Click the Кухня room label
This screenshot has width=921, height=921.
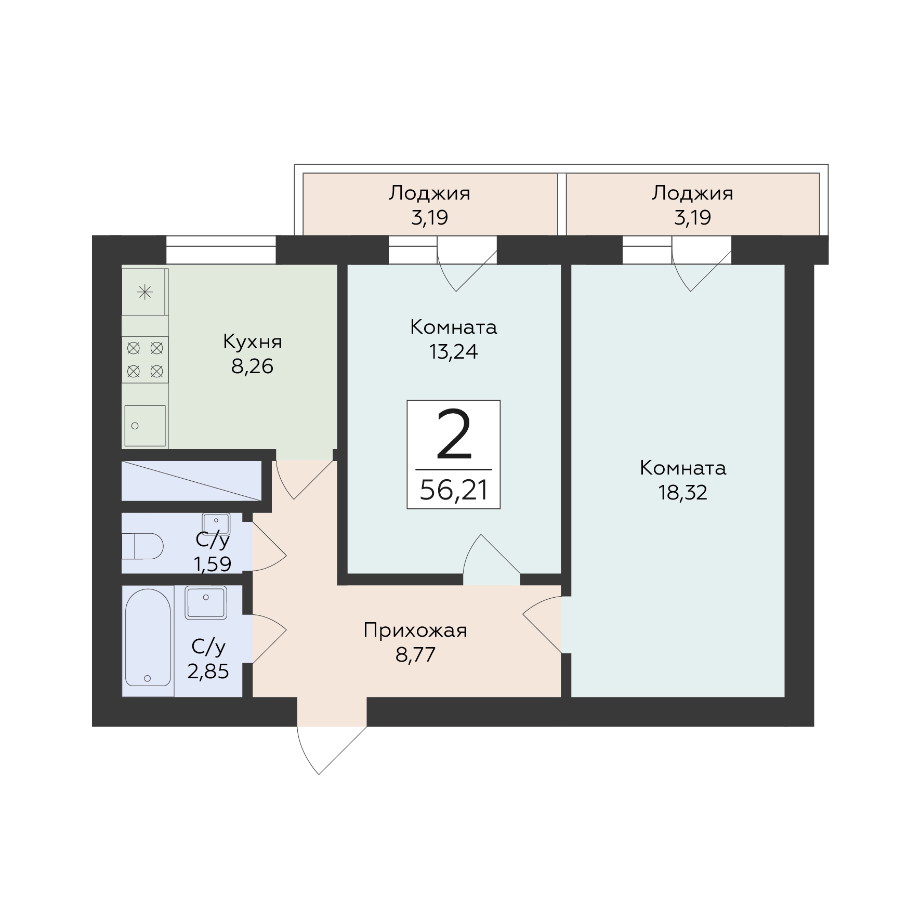coord(253,343)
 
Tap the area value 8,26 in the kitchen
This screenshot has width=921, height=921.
coord(252,367)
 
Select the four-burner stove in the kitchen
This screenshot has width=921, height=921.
coord(145,360)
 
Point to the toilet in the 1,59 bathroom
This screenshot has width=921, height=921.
coord(142,546)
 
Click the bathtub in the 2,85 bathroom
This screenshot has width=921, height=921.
coord(148,638)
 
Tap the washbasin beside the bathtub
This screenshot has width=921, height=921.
coord(206,602)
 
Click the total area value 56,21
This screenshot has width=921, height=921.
coord(454,490)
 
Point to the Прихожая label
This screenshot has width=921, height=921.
coord(415,630)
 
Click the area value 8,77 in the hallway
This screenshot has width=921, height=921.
coord(415,655)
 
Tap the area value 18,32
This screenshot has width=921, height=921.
coord(683,493)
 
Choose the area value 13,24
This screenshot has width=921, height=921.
coord(453,352)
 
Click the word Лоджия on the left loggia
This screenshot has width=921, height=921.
coord(429,193)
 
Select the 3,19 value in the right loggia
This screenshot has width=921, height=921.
coord(692,218)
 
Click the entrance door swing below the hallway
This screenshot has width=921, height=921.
coord(333,750)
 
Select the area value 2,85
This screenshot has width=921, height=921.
coord(208,672)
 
